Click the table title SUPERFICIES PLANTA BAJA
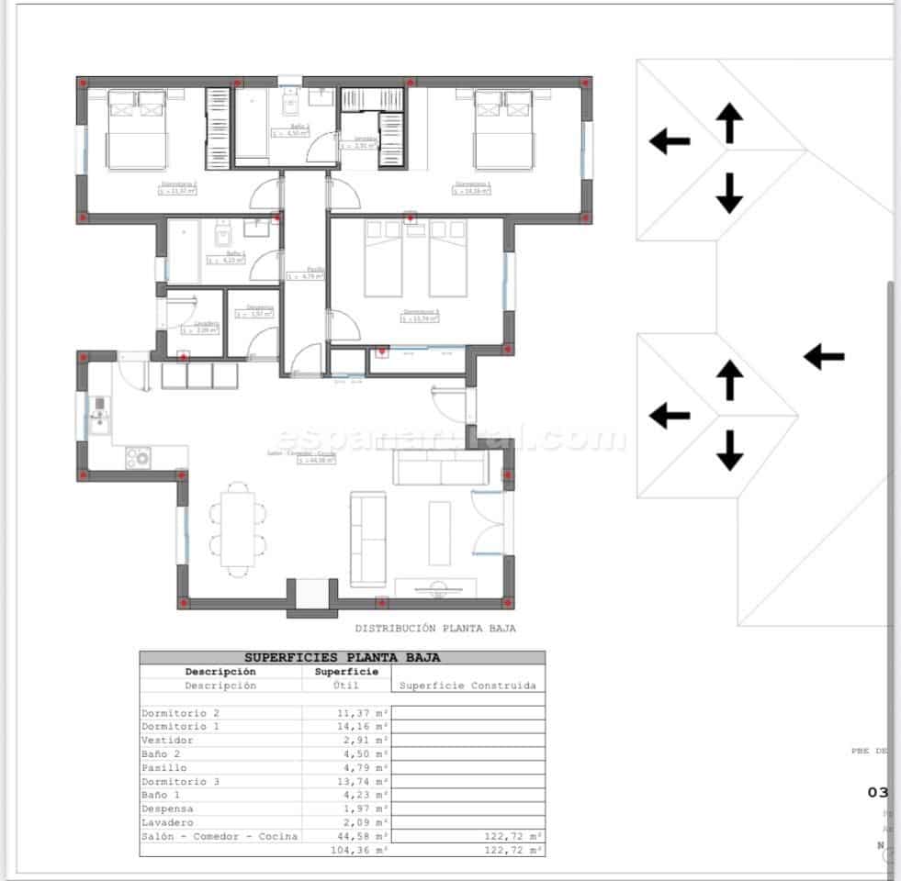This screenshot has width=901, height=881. point(342,657)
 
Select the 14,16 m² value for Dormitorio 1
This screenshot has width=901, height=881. point(360,726)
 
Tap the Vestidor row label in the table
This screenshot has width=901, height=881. point(167,740)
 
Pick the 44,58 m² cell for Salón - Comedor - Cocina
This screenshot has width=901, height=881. point(360,836)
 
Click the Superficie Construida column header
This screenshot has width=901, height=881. point(467,686)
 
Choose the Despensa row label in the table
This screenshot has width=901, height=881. point(167,809)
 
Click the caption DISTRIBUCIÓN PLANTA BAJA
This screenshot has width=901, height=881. point(435,629)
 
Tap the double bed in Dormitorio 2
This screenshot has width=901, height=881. point(138,131)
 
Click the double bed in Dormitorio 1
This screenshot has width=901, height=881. point(504,131)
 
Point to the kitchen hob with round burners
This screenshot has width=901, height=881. point(139,456)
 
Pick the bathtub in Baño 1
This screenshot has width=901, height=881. point(184,251)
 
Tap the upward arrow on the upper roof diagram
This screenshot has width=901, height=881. point(729,123)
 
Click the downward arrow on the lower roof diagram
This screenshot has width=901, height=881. point(729,450)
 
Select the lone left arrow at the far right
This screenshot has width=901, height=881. point(824,356)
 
